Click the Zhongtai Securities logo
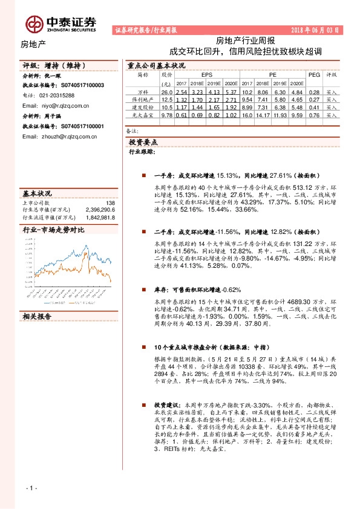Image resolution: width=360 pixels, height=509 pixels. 61,23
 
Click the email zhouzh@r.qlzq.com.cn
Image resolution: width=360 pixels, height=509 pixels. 58,136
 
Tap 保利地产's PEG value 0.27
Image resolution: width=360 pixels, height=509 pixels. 313,99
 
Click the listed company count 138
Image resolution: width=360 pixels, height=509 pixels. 110,203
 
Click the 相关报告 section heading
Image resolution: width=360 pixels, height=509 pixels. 38,316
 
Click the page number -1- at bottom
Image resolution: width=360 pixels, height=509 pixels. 31,487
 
